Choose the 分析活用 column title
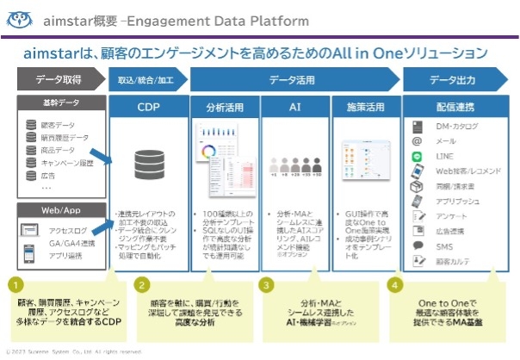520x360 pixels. [x=224, y=109]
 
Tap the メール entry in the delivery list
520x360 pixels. [x=447, y=141]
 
